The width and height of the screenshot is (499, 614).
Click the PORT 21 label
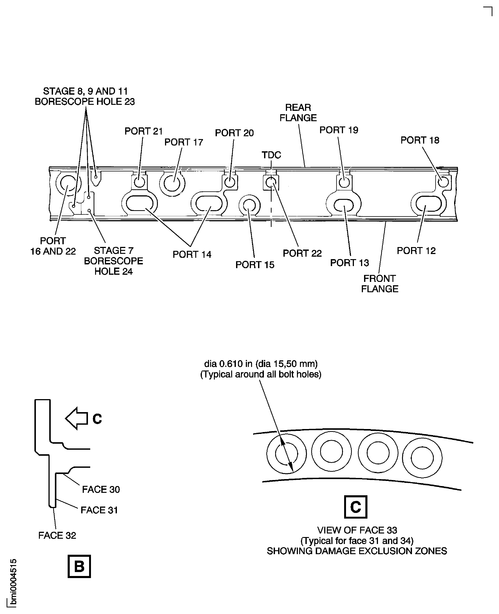(143, 131)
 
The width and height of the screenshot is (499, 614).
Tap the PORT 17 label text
(183, 142)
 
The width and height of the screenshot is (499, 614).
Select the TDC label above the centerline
(271, 155)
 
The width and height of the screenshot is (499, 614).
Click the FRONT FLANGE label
(379, 284)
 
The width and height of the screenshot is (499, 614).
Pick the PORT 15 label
(255, 265)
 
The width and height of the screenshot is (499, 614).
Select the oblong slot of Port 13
(344, 205)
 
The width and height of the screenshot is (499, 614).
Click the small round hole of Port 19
(344, 182)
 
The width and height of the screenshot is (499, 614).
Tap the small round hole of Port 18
(443, 182)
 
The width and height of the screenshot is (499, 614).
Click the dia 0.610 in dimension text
(260, 364)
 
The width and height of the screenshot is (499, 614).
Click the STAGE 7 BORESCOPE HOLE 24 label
(113, 261)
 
